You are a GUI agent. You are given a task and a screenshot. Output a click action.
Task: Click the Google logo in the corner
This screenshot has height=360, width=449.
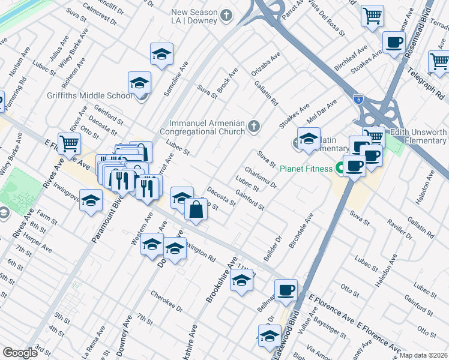[20, 353]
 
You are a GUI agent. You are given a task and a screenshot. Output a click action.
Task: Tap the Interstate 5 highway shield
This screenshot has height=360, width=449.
[358, 97]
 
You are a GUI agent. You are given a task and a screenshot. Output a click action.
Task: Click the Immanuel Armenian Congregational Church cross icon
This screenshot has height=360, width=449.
[254, 126]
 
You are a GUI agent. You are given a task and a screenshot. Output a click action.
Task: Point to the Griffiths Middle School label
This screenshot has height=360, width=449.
[89, 95]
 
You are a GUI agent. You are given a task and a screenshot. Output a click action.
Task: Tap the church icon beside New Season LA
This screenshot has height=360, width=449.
[226, 15]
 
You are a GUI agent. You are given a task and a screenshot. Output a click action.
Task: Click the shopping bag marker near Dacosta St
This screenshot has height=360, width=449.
[196, 209]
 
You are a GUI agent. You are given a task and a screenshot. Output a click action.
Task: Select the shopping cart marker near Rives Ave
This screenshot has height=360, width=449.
[70, 143]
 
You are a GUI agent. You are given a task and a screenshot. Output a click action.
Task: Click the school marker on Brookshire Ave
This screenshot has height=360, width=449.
[241, 281]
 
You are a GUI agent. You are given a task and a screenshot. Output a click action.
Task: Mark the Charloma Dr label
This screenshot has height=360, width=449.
[260, 177]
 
